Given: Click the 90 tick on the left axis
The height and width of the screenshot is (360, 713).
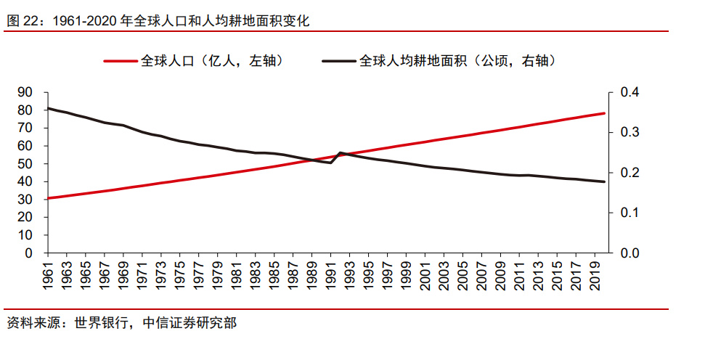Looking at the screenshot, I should pos(25,93).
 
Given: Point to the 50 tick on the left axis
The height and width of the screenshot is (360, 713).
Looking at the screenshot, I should pos(25,164).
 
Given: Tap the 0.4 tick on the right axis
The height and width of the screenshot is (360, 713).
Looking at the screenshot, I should pos(629,93).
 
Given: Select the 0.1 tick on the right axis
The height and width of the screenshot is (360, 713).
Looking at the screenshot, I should pos(629,213).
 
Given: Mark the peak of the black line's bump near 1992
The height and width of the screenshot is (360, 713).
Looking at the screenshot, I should pos(341,153).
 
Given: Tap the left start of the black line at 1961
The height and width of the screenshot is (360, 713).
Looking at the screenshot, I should pos(48,109).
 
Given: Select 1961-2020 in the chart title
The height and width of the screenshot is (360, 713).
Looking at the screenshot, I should pos(83,21).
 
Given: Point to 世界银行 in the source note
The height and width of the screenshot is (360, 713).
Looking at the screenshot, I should pos(102,323).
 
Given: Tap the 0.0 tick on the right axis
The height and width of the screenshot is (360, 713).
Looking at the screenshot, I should pos(629,253).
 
